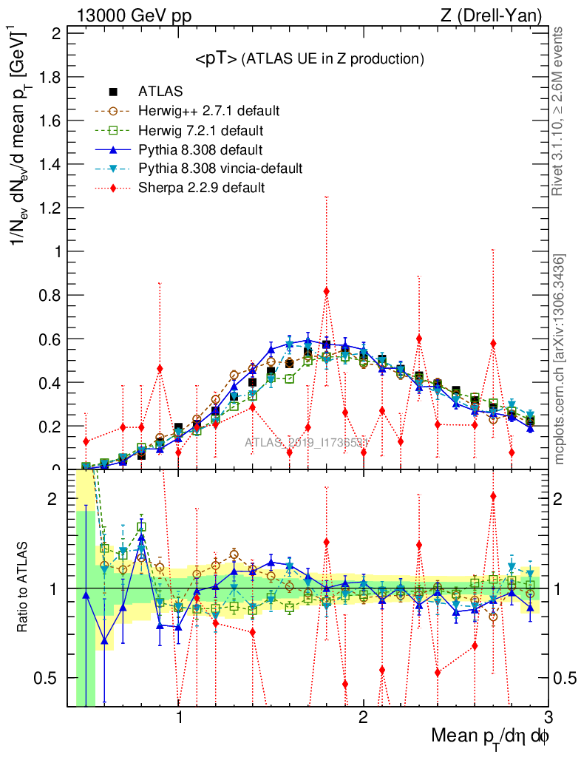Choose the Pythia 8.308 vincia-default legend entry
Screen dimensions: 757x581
(x=220, y=169)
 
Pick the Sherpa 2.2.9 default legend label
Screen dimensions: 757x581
(x=202, y=188)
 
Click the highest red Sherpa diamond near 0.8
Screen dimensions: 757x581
(x=326, y=291)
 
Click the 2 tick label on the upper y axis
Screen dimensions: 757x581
(x=57, y=33)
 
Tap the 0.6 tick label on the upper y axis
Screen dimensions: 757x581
(x=54, y=339)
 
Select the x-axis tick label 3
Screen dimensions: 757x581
(x=548, y=718)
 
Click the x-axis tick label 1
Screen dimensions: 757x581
(x=179, y=718)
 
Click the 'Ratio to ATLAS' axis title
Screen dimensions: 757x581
(x=24, y=588)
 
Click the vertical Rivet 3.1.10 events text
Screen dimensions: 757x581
(x=559, y=112)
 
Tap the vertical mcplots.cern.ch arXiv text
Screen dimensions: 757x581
(x=560, y=359)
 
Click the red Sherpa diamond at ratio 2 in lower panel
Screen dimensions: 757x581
(x=493, y=496)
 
